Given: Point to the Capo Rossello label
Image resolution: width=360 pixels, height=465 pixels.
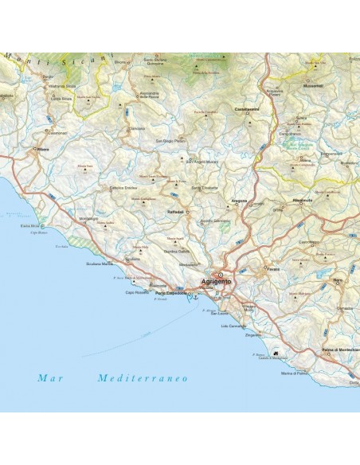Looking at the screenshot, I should (136, 291).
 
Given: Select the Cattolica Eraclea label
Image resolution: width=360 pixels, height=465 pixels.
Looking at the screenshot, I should (125, 188).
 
